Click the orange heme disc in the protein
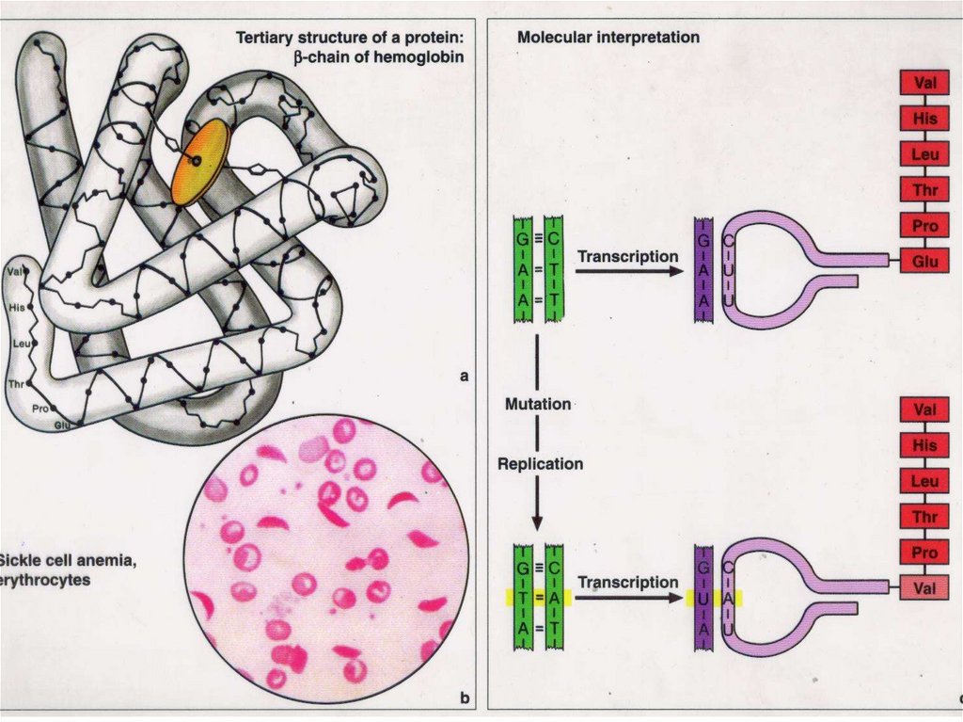pos(200,162)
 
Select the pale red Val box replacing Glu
pos(924,587)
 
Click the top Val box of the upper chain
pos(924,83)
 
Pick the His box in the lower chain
pos(924,445)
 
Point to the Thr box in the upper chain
pos(924,189)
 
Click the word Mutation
pos(537,404)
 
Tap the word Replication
pos(540,463)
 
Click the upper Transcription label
pos(627,256)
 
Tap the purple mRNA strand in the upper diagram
pos(703,270)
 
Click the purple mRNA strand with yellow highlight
pos(703,598)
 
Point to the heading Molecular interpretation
pos(608,38)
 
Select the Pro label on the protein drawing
pos(39,409)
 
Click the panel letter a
pos(463,377)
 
